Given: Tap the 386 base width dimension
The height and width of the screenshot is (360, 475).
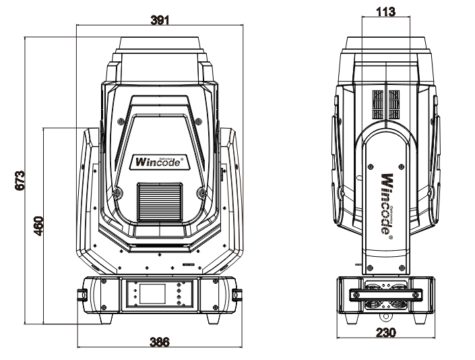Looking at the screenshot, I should [x=158, y=341].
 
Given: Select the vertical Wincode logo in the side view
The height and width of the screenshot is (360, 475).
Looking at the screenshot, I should [x=387, y=202].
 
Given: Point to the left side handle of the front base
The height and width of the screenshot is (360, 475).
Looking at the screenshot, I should [x=81, y=295].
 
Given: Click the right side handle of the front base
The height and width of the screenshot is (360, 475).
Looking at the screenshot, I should [x=237, y=295].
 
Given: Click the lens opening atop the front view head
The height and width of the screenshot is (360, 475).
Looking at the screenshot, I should [x=160, y=43].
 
